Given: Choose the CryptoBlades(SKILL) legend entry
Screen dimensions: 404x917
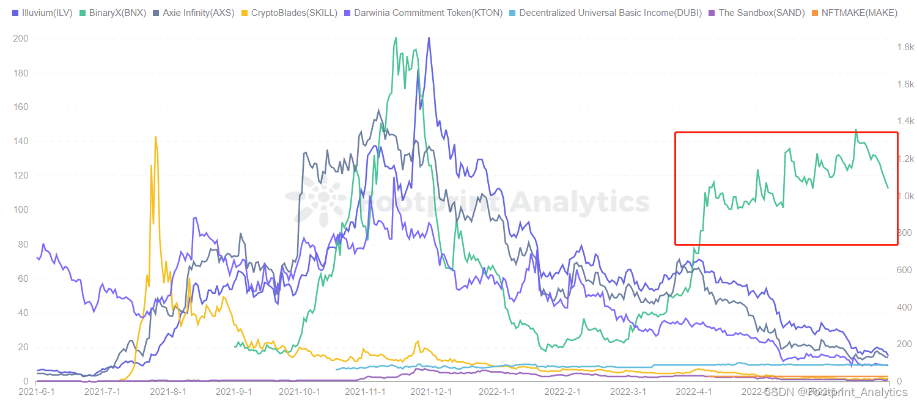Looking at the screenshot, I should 290,12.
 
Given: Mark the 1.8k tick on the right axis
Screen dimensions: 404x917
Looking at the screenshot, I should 906,47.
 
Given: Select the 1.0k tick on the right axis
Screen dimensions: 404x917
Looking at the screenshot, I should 906,196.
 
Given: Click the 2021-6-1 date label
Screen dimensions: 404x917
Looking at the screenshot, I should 37,391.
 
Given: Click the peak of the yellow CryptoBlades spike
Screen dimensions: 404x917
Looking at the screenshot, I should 156,136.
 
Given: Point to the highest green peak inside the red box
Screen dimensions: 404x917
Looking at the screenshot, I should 855,130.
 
